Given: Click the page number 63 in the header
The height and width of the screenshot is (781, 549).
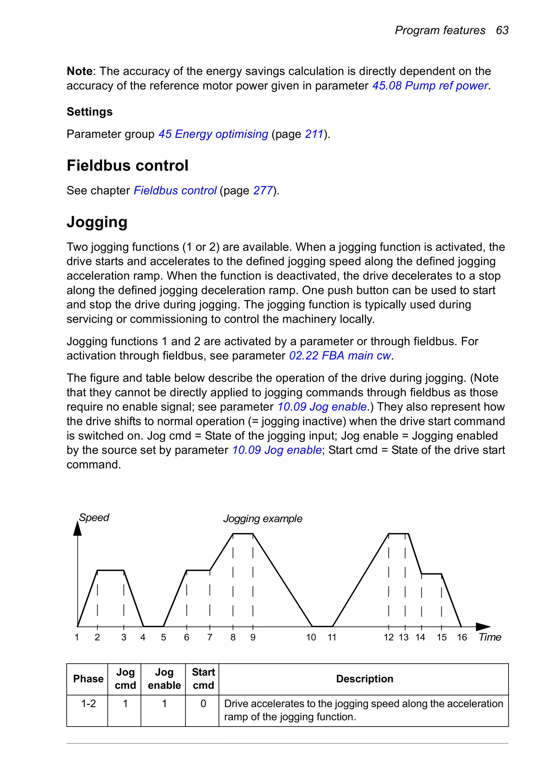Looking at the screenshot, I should point(502,30).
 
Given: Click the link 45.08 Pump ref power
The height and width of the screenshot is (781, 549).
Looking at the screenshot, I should point(430,86).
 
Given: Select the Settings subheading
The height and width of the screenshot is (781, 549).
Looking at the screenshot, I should point(90,112).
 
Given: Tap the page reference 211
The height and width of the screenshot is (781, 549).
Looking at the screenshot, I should point(314,134).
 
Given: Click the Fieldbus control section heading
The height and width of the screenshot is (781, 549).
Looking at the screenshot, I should point(128,166).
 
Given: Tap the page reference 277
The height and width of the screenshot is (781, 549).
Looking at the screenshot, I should point(263,190).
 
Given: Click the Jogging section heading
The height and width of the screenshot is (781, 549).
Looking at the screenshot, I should point(97,222).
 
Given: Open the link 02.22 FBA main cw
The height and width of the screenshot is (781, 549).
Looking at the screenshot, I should point(340,356).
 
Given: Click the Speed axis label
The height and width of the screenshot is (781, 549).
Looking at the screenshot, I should point(94,518).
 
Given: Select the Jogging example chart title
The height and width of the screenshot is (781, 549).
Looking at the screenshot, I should point(262,519).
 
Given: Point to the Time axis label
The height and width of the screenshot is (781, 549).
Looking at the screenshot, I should point(489,637).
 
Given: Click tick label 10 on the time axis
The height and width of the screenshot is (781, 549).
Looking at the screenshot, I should point(311,637).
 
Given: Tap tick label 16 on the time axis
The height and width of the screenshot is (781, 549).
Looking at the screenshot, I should point(462,637).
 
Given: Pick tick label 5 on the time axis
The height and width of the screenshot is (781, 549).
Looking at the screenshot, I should point(164,637).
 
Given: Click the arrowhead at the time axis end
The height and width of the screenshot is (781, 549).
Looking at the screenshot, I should point(483,626).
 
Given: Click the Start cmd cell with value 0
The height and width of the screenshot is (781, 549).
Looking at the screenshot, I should point(203,703).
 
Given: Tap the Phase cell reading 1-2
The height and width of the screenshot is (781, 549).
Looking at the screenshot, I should point(88,703).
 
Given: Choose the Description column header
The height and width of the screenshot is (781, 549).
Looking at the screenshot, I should point(364,679).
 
